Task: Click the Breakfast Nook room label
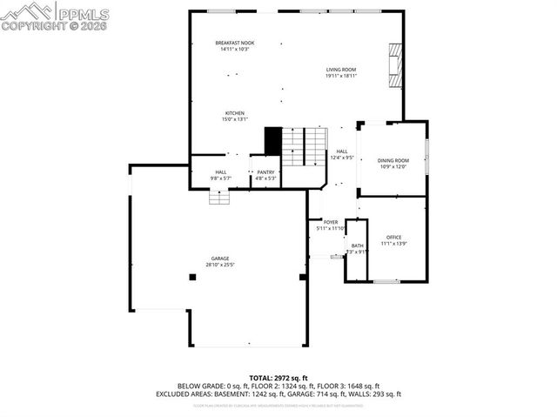pos(234,43)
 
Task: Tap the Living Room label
pos(341,70)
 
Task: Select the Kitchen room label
pos(234,113)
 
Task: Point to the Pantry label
pos(265,172)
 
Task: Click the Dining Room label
pos(393,160)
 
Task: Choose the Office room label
pos(393,238)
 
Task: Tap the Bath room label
pos(358,246)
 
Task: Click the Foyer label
pos(331,223)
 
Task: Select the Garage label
pos(219,259)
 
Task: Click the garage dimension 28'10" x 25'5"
pos(219,265)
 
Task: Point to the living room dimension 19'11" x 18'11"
pos(341,76)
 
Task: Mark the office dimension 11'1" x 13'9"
pos(393,244)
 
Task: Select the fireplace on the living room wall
pos(395,64)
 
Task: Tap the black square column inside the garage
pos(192,277)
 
